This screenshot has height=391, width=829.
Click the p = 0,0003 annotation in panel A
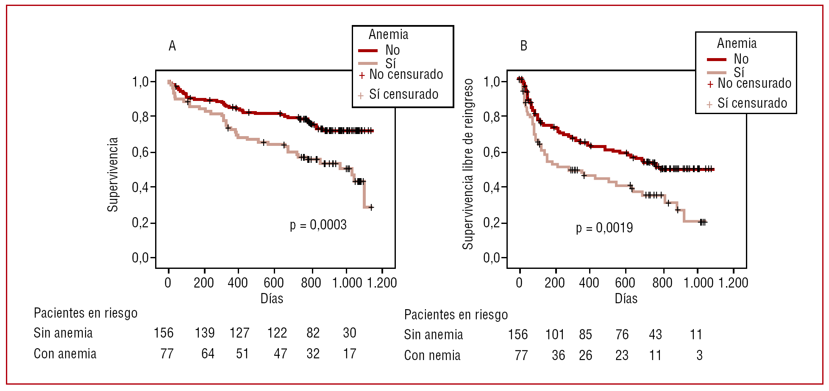click(318, 225)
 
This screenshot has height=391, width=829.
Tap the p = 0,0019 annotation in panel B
click(604, 228)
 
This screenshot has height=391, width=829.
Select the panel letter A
click(172, 46)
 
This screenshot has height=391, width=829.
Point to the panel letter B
click(523, 46)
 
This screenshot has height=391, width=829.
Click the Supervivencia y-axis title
click(113, 174)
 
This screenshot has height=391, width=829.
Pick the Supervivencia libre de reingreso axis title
click(467, 164)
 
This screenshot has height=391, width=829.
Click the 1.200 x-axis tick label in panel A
click(382, 283)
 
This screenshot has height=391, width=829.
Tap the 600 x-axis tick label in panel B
click(625, 283)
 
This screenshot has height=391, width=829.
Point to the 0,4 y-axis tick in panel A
click(140, 187)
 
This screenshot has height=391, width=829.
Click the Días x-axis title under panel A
click(272, 299)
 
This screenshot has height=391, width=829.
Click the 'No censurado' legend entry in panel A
click(406, 75)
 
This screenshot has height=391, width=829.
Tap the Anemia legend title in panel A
click(388, 34)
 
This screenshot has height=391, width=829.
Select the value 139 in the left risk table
click(205, 333)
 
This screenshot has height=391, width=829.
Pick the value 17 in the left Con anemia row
click(350, 354)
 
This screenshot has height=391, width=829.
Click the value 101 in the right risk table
click(555, 335)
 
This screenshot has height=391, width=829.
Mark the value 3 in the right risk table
click(699, 355)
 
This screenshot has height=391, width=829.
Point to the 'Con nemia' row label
click(432, 355)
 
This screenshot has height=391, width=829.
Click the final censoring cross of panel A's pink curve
click(371, 207)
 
